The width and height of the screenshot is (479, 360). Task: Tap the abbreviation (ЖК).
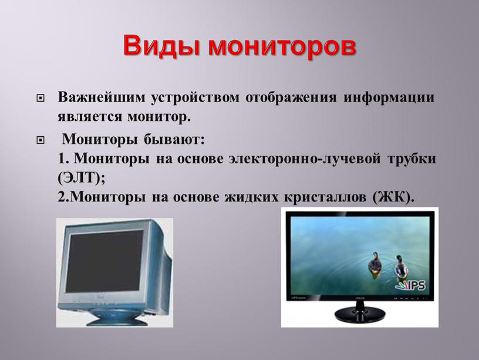point(393,197)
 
